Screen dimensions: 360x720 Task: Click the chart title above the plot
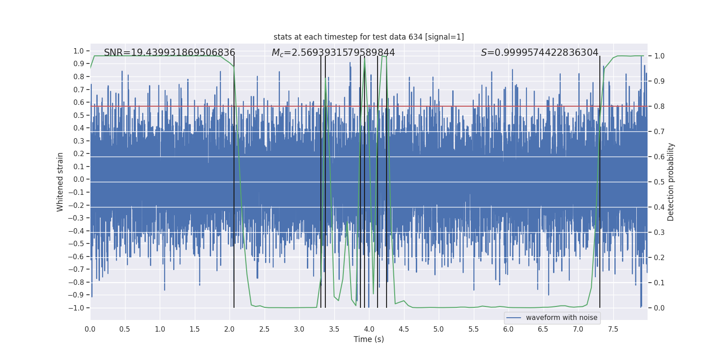pyautogui.click(x=369, y=37)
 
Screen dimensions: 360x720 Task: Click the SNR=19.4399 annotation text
pyautogui.click(x=169, y=53)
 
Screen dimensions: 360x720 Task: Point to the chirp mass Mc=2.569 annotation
pyautogui.click(x=333, y=53)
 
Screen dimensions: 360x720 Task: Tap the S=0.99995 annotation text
pyautogui.click(x=540, y=53)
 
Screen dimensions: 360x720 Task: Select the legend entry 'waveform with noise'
pyautogui.click(x=561, y=318)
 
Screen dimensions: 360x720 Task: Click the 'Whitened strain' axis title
pyautogui.click(x=60, y=182)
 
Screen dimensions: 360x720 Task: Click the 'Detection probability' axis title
pyautogui.click(x=671, y=182)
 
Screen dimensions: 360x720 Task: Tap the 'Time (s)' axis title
pyautogui.click(x=369, y=339)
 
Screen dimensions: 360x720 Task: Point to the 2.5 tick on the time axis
pyautogui.click(x=264, y=329)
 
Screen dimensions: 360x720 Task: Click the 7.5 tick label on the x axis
pyautogui.click(x=613, y=329)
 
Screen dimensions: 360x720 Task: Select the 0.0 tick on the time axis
pyautogui.click(x=90, y=329)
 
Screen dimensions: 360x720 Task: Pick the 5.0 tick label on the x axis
pyautogui.click(x=438, y=329)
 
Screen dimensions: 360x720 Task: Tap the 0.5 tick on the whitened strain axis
pyautogui.click(x=79, y=115)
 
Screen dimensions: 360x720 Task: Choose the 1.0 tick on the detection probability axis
pyautogui.click(x=659, y=56)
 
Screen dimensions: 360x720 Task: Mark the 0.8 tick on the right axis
pyautogui.click(x=659, y=106)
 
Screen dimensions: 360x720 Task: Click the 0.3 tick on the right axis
pyautogui.click(x=659, y=232)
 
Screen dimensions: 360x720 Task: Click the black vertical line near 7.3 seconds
pyautogui.click(x=600, y=180)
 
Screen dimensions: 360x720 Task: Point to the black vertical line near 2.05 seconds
pyautogui.click(x=234, y=180)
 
